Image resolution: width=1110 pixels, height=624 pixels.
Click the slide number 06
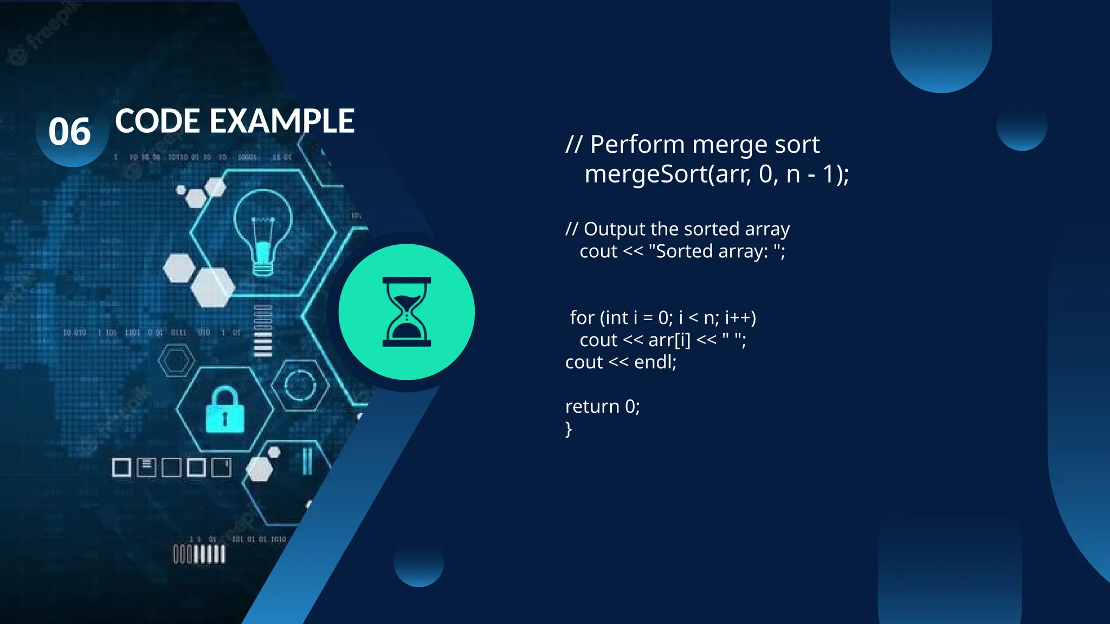pyautogui.click(x=69, y=132)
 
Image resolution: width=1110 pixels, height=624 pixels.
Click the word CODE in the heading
pyautogui.click(x=158, y=121)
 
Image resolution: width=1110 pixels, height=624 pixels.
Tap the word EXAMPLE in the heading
pyautogui.click(x=282, y=121)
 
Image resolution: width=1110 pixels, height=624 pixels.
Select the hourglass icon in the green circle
pyautogui.click(x=406, y=312)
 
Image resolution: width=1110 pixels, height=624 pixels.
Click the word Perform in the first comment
pyautogui.click(x=637, y=145)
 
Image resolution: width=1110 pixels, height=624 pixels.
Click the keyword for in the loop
pyautogui.click(x=582, y=317)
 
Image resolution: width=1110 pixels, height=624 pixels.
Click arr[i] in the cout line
pyautogui.click(x=669, y=340)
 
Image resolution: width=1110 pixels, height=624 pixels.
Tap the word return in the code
pyautogui.click(x=592, y=406)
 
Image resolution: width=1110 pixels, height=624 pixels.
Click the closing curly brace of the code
pyautogui.click(x=569, y=429)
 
